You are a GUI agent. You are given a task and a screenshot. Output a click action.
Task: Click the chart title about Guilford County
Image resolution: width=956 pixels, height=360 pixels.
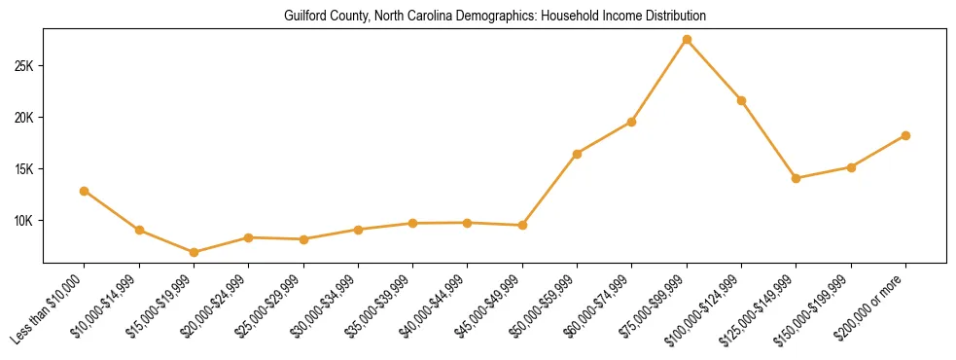coord(494,17)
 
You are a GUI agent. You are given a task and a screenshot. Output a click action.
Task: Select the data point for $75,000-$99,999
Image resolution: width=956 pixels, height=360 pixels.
coord(687,39)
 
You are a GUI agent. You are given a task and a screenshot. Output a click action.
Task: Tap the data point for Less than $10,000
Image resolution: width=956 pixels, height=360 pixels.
coord(85,191)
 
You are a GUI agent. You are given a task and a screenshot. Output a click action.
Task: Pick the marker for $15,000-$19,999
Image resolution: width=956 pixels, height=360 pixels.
coord(195,252)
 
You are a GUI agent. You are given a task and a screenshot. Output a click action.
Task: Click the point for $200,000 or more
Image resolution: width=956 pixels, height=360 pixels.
coord(905,135)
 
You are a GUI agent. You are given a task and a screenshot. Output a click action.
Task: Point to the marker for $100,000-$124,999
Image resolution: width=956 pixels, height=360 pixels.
coord(741,100)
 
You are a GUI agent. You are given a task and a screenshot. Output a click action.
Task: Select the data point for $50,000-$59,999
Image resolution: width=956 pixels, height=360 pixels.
coord(578,154)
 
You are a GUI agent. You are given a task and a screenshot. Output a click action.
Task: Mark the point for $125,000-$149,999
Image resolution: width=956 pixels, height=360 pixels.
coord(797,178)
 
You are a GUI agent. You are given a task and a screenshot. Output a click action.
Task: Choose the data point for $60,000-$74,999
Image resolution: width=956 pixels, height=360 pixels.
coord(632,122)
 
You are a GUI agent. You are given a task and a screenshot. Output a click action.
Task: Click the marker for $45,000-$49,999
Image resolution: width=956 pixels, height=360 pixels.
coord(522,225)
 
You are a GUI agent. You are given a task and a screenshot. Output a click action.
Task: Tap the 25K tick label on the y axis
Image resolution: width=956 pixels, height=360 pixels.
coord(23,66)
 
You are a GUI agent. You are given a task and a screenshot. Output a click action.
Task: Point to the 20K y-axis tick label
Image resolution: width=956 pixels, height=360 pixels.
coord(23,118)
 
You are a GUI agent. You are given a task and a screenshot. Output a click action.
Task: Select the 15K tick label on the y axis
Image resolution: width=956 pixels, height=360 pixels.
coord(23,169)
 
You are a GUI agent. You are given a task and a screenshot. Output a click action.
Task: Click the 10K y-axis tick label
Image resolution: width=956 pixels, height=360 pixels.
coord(23,221)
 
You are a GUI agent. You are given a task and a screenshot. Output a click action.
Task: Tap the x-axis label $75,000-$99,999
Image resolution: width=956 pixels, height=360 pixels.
coord(651,310)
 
